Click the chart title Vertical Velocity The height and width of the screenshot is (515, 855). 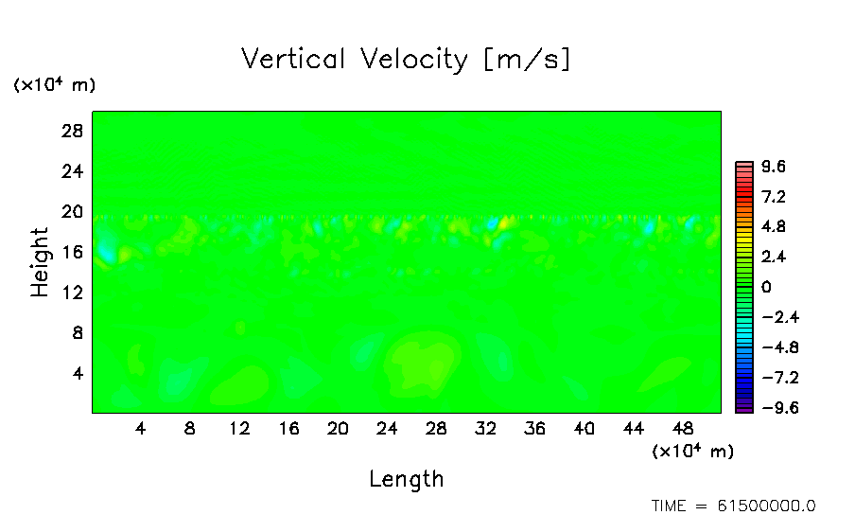coord(406,59)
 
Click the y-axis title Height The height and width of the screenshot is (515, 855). coord(40,262)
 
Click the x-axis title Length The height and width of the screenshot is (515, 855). coord(406,479)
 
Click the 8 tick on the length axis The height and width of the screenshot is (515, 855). coord(190,429)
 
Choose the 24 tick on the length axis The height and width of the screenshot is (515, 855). coord(387,429)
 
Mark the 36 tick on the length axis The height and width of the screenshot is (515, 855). coord(535,429)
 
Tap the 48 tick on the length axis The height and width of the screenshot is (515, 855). coord(683,429)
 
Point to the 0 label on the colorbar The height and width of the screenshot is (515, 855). coord(766,287)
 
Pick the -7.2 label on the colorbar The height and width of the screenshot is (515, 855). coord(777,378)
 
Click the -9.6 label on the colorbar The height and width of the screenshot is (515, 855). coord(777,408)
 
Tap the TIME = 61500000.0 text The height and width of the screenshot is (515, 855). coord(733,506)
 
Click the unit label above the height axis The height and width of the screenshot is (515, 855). coord(54,85)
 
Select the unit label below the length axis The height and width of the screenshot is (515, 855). coord(692,451)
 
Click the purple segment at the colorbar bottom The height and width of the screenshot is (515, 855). coord(743,408)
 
